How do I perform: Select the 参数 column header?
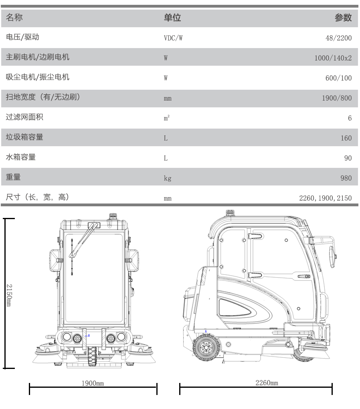click(x=343, y=18)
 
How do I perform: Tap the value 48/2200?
click(x=340, y=38)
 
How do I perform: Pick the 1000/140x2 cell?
click(x=333, y=58)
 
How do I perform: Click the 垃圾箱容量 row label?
click(x=25, y=137)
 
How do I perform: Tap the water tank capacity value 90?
click(x=348, y=158)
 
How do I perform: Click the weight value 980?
click(x=346, y=178)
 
